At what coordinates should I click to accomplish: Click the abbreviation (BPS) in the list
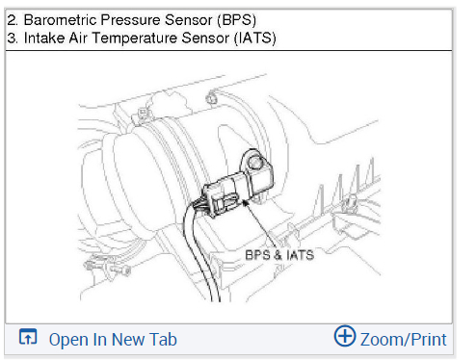pyautogui.click(x=236, y=20)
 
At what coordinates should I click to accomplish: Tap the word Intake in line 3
pyautogui.click(x=44, y=38)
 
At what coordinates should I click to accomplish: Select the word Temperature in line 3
pyautogui.click(x=135, y=39)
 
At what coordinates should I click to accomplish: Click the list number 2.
pyautogui.click(x=13, y=20)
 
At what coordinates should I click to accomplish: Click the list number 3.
pyautogui.click(x=13, y=38)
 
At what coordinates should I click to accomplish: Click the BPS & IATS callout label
pyautogui.click(x=279, y=255)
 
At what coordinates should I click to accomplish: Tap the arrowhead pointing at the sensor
pyautogui.click(x=246, y=202)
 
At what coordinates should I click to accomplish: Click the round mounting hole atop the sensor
pyautogui.click(x=255, y=163)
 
